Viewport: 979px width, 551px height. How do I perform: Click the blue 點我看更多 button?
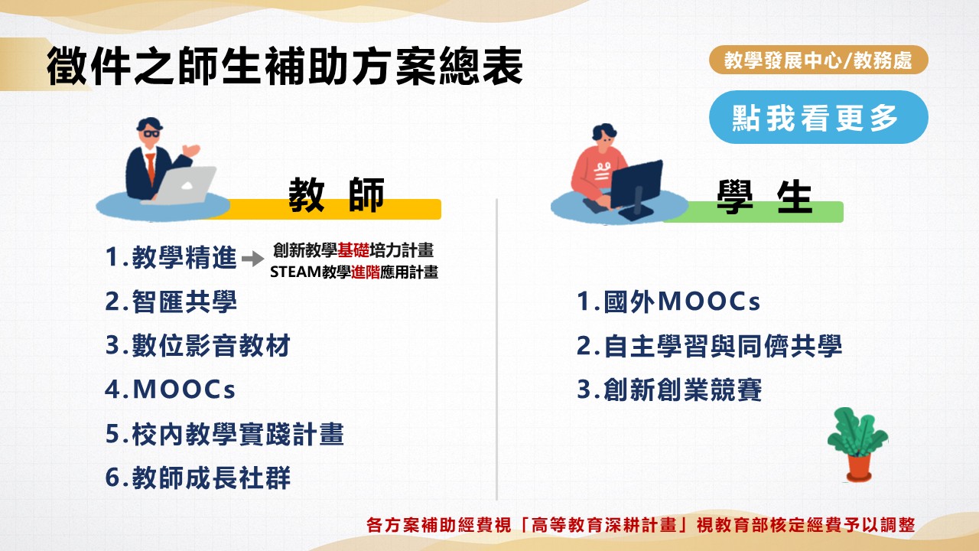[x=818, y=117]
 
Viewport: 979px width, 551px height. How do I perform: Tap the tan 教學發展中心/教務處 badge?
[x=818, y=60]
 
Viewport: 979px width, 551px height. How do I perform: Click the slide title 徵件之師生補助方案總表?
[x=285, y=67]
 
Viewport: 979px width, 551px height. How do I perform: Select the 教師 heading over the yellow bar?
[x=336, y=194]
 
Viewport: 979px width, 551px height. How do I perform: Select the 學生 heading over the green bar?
[x=764, y=197]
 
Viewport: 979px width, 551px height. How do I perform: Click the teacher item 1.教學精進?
[x=171, y=257]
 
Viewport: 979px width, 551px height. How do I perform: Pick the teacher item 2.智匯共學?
[x=171, y=302]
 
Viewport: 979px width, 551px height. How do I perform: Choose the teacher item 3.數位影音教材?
[x=197, y=345]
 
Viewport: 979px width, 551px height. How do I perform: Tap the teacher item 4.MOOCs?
[x=170, y=390]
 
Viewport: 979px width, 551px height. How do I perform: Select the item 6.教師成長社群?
[x=197, y=478]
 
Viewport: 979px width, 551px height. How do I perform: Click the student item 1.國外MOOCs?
[x=668, y=302]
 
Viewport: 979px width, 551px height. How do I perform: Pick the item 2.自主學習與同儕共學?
[x=709, y=346]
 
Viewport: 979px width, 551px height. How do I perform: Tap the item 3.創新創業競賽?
[x=669, y=390]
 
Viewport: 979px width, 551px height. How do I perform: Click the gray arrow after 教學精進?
[x=252, y=259]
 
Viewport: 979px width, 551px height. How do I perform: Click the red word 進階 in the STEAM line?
[x=366, y=272]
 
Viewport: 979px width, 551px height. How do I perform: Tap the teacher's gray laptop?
[x=184, y=186]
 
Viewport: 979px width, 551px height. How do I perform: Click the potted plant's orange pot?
[x=859, y=468]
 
